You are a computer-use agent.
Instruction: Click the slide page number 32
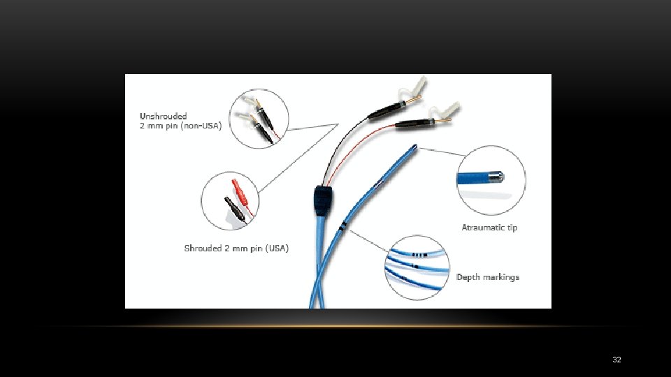click(616, 360)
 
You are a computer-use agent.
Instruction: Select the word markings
click(501, 277)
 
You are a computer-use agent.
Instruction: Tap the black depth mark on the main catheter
click(342, 226)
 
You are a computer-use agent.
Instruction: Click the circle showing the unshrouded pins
click(259, 119)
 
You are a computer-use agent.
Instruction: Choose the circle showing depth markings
click(416, 267)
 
